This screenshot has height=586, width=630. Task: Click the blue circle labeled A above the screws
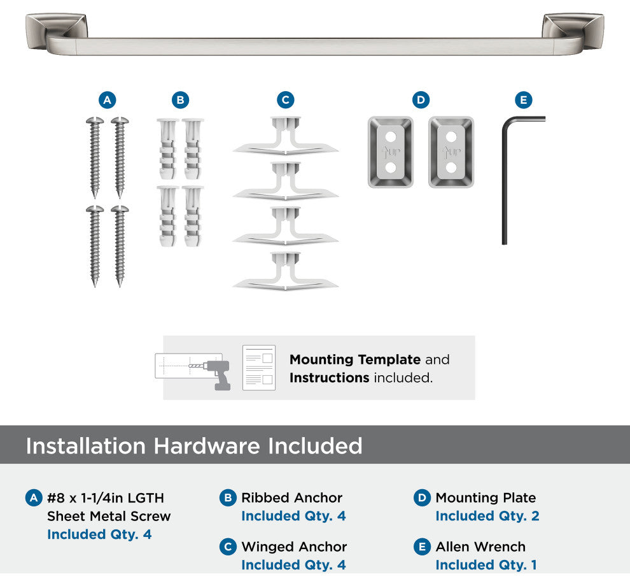click(108, 100)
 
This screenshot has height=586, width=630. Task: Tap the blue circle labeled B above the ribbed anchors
click(180, 100)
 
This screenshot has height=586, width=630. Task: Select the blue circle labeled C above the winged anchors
click(285, 100)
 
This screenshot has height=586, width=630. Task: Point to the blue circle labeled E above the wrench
click(524, 100)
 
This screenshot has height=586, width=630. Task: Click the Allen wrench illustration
click(504, 181)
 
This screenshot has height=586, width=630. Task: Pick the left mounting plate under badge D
click(391, 152)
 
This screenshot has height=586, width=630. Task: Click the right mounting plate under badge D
click(451, 152)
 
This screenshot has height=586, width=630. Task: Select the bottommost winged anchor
click(285, 271)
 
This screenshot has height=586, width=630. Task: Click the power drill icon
click(217, 374)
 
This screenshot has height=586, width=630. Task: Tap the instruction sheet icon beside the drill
click(259, 368)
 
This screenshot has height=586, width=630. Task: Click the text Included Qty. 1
click(486, 565)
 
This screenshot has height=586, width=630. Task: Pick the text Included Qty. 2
click(487, 515)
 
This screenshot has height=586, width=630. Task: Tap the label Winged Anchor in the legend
click(294, 547)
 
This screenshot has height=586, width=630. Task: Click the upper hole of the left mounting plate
click(391, 137)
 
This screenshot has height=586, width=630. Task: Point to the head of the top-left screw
click(95, 120)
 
